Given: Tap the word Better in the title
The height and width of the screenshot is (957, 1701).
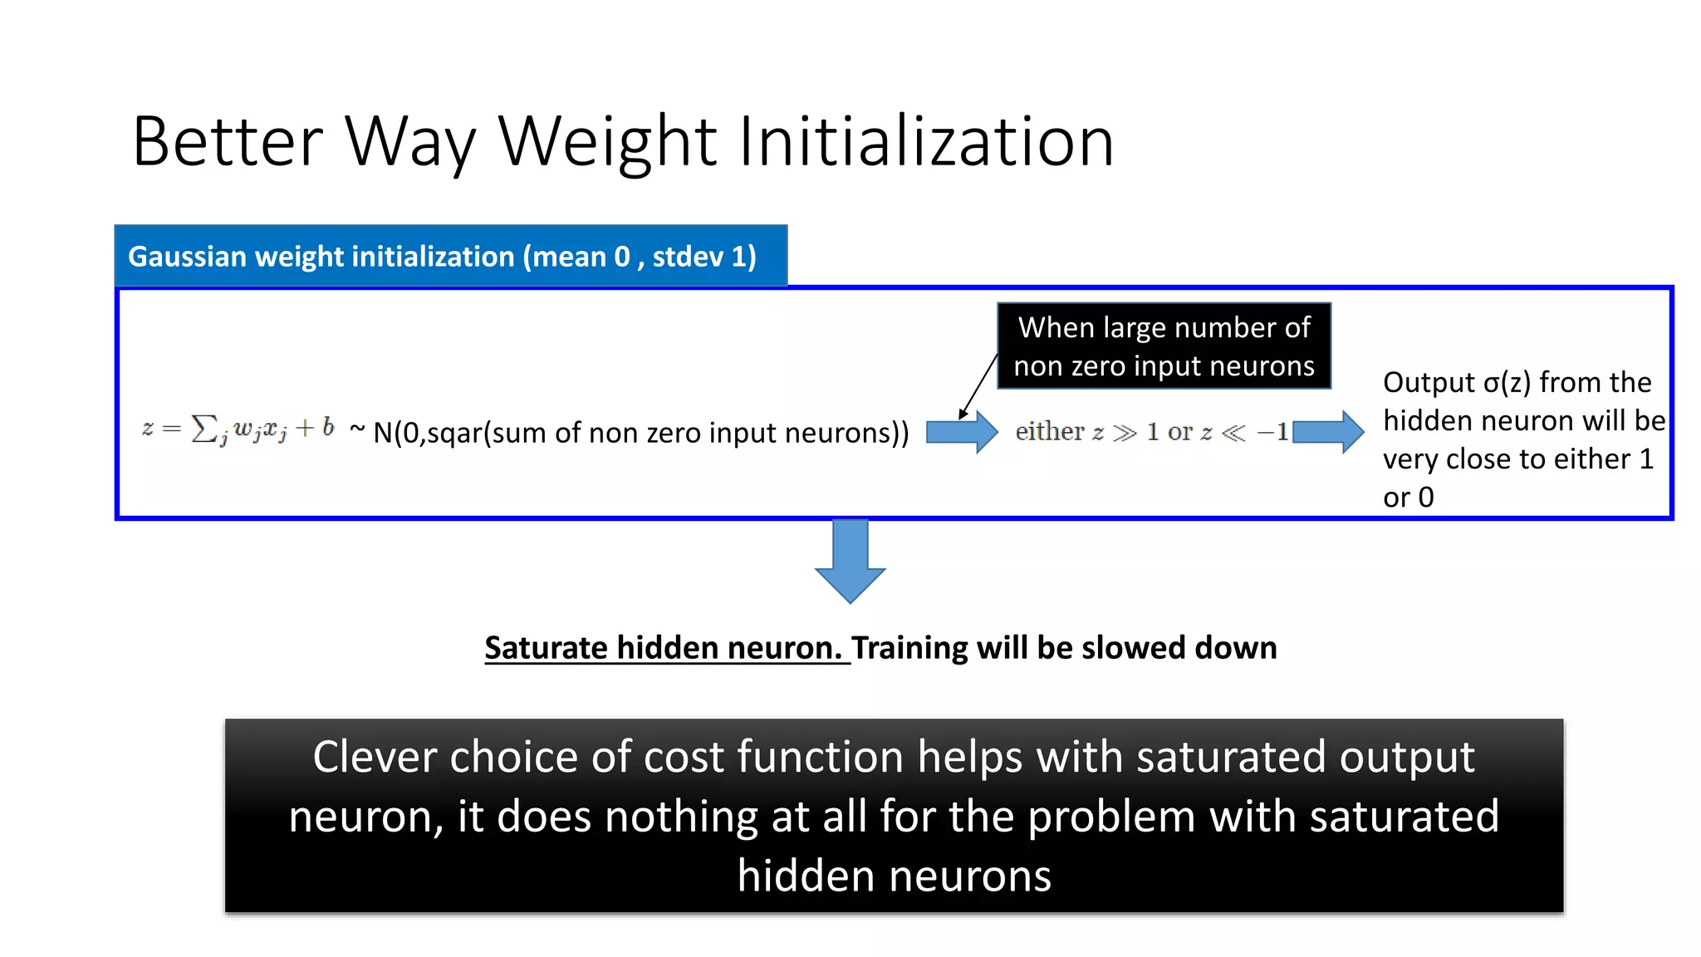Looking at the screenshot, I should (227, 141).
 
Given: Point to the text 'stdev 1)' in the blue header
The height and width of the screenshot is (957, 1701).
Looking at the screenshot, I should (704, 257).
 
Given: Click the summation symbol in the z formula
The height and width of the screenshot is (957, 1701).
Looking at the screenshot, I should (203, 429).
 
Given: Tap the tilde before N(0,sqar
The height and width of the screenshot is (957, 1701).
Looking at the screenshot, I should (357, 429).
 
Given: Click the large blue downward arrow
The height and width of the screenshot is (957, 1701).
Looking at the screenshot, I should (850, 561).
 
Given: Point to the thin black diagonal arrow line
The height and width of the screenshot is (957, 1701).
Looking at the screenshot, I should (978, 386).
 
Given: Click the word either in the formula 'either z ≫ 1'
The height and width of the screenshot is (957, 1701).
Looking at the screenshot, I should (1050, 432).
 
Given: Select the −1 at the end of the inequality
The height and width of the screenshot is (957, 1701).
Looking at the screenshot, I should (1272, 432).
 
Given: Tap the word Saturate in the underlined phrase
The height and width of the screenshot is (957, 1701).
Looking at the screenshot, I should (547, 648).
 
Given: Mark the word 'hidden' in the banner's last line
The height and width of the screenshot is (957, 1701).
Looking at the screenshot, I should (802, 876).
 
